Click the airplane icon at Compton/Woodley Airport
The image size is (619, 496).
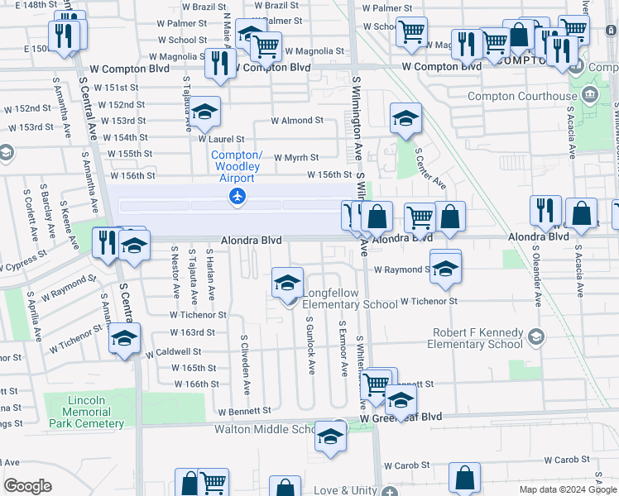(238, 196)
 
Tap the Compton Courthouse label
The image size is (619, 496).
(522, 96)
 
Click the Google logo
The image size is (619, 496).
(27, 486)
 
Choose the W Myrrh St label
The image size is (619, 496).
(295, 157)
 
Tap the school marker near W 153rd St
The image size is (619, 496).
(204, 112)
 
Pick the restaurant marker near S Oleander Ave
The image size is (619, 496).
(545, 211)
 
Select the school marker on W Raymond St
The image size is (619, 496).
(445, 268)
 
